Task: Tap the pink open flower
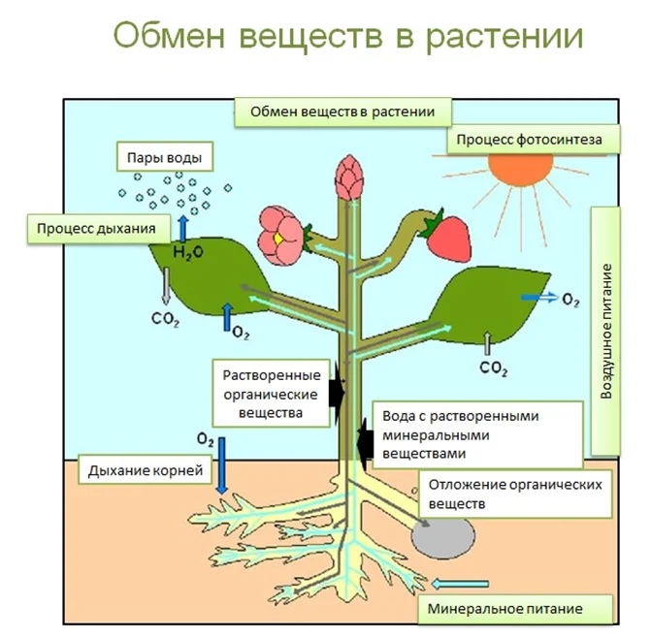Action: [x=280, y=235]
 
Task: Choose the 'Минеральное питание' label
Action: [x=519, y=610]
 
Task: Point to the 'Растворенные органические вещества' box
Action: [x=273, y=394]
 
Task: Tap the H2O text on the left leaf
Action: [x=183, y=253]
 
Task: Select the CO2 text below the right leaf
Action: [x=494, y=368]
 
